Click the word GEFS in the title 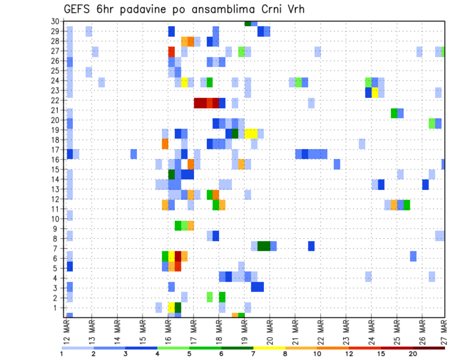click(77, 10)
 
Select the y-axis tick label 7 click(56, 249)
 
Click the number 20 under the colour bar click(413, 354)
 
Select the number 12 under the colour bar click(349, 354)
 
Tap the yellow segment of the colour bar click(269, 348)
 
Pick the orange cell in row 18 click(165, 144)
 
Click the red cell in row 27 click(171, 51)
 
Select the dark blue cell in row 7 click(311, 246)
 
